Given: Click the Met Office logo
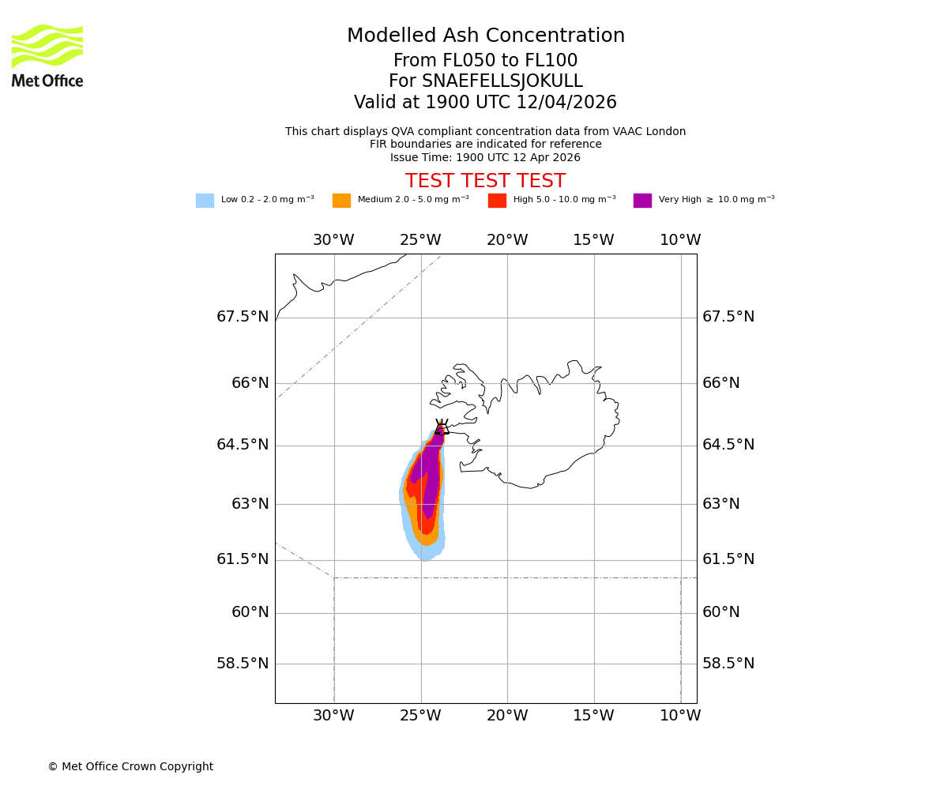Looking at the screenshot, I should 47,55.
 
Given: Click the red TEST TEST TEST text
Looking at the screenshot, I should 485,181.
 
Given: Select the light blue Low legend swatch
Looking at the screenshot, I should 205,200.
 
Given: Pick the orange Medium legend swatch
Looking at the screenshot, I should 341,200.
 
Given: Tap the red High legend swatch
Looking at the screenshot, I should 497,200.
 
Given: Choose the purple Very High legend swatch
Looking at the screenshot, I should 642,200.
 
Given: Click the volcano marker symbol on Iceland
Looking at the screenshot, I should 442,427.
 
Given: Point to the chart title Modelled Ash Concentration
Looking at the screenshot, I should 486,36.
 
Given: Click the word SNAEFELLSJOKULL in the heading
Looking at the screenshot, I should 502,81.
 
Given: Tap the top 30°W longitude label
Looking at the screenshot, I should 333,240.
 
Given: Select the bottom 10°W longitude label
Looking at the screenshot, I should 680,716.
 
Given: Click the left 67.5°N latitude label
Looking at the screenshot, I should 243,317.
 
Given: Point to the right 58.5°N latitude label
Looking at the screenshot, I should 728,664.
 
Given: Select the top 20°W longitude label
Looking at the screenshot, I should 507,240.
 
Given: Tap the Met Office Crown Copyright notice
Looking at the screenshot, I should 130,766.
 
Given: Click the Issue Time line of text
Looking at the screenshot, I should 485,157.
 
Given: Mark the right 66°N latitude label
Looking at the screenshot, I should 721,383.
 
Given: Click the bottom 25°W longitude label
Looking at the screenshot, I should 420,716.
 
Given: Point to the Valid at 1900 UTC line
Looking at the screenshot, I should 485,103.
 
